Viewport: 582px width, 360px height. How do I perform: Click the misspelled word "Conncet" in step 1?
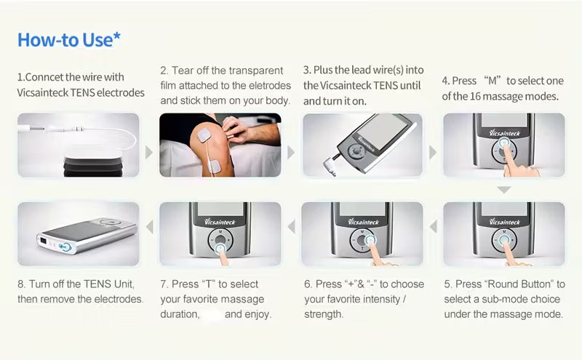(x=44, y=77)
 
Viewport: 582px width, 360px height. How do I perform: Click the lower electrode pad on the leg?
(x=215, y=166)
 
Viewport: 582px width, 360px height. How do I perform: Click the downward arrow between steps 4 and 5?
(x=504, y=190)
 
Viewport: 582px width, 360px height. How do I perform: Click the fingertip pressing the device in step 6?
(x=373, y=242)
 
